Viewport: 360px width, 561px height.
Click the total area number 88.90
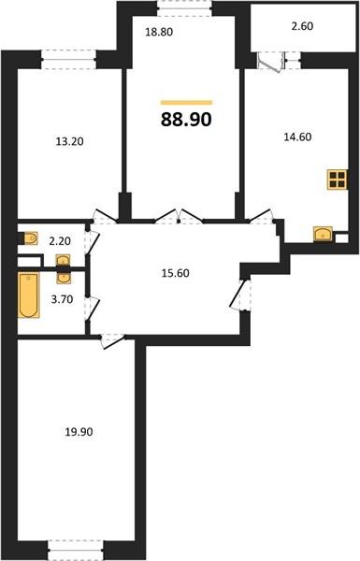(186, 120)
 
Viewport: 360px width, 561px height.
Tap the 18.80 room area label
(159, 32)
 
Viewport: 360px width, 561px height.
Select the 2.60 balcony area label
(302, 26)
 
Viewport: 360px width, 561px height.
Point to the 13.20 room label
(70, 141)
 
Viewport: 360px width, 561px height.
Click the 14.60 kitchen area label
(297, 137)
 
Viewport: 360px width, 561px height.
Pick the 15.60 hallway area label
(176, 273)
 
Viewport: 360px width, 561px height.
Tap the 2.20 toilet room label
(60, 241)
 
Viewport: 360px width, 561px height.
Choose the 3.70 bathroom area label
(63, 299)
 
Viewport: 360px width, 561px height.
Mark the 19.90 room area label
(79, 432)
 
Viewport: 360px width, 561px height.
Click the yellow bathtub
(29, 295)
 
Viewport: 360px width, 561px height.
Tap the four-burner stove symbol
(338, 180)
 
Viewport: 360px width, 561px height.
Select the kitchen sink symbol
(323, 234)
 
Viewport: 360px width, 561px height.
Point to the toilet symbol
(29, 238)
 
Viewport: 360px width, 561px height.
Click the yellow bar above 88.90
(186, 103)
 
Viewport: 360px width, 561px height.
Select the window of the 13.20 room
(68, 60)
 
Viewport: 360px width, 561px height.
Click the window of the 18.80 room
(184, 8)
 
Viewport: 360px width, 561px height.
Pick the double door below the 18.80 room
(179, 217)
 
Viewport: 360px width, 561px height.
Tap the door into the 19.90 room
(112, 340)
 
